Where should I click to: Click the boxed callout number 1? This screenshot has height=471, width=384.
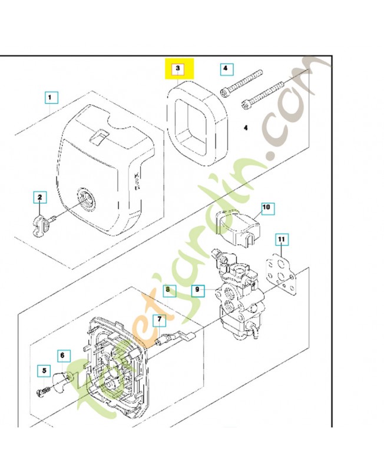click(x=51, y=98)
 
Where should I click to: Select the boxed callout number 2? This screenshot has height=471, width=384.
click(x=40, y=197)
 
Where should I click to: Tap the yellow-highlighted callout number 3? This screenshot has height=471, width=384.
click(x=178, y=69)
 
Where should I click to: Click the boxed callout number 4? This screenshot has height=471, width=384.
click(x=226, y=69)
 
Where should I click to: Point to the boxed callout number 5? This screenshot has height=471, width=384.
click(x=44, y=371)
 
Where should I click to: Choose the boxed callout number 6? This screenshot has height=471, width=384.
click(x=62, y=356)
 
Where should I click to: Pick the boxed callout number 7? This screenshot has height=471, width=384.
click(x=160, y=320)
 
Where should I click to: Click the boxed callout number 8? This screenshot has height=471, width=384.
click(x=168, y=290)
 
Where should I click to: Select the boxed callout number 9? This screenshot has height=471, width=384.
click(x=198, y=290)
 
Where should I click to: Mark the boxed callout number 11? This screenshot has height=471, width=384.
click(x=282, y=240)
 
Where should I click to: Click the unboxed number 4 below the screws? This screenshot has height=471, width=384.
click(x=246, y=128)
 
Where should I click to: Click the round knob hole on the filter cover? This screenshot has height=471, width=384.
click(x=86, y=198)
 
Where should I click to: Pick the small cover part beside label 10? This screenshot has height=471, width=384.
click(x=239, y=226)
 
